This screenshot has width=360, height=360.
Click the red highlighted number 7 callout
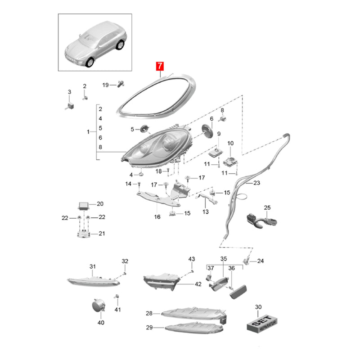(160, 66)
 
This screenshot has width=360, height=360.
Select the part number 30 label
(258, 307)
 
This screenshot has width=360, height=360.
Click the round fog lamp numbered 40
(98, 306)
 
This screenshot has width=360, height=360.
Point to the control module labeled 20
(84, 206)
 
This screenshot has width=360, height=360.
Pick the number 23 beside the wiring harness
(256, 183)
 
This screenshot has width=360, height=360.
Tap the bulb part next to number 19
(121, 84)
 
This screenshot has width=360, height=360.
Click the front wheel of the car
(90, 63)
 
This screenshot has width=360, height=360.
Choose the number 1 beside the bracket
(88, 132)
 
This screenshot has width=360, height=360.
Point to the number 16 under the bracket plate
(157, 217)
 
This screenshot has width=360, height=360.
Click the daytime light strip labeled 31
(94, 281)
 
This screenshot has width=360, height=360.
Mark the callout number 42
(198, 284)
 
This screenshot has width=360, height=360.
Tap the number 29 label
(149, 328)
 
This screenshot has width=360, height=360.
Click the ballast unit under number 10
(230, 162)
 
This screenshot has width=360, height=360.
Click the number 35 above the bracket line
(223, 259)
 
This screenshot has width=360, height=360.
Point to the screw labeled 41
(117, 297)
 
